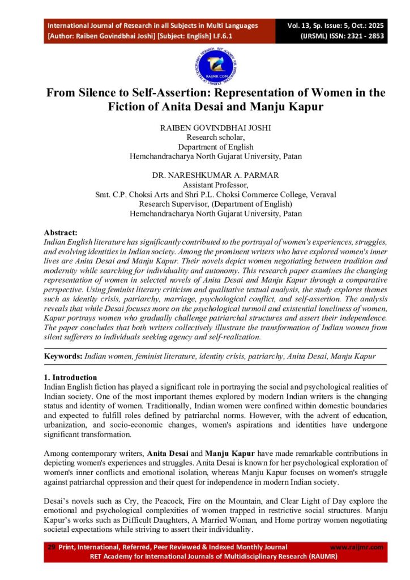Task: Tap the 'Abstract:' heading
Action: tap(61, 232)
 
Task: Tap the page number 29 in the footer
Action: tap(51, 547)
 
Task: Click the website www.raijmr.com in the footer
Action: tap(356, 547)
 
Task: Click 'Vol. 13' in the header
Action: tap(300, 25)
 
